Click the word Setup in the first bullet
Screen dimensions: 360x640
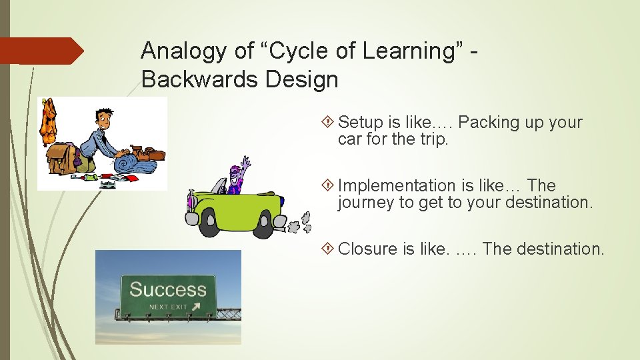click(x=361, y=123)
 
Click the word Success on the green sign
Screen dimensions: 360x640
click(x=167, y=289)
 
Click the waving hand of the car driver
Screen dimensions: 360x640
click(x=245, y=162)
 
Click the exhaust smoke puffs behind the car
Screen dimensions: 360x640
click(x=305, y=221)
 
